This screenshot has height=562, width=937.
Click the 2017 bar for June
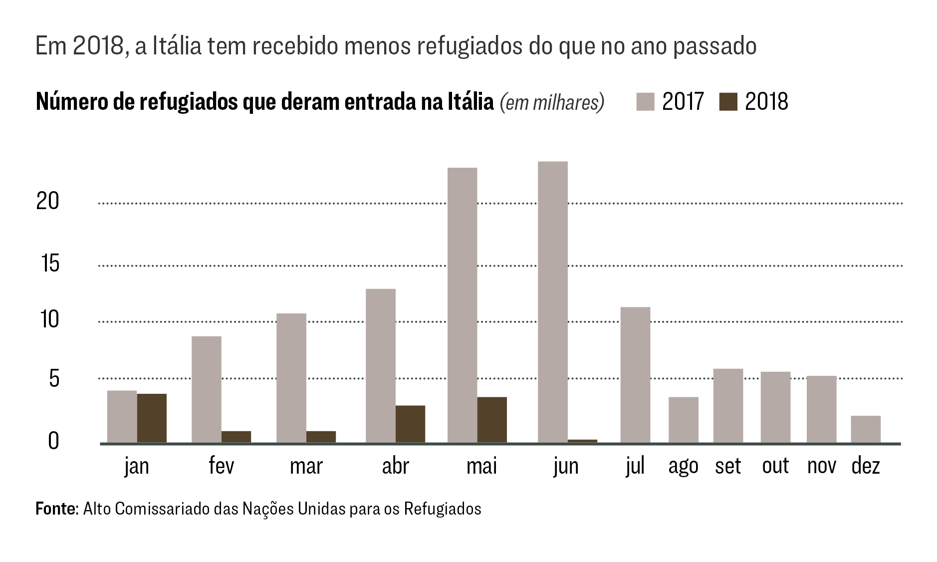(x=553, y=302)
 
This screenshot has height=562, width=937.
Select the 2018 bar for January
(x=152, y=418)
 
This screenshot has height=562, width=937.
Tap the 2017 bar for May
(x=463, y=305)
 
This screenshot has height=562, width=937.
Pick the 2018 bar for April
(x=410, y=424)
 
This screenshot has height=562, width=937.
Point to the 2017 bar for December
(x=866, y=429)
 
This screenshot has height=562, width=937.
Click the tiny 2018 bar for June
(x=582, y=441)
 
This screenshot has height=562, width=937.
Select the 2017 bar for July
(x=635, y=375)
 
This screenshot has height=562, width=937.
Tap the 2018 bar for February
(x=236, y=437)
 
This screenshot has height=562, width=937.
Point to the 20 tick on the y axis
(x=47, y=201)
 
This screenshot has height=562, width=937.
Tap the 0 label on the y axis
(x=53, y=441)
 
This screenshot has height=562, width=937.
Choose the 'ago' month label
(x=683, y=466)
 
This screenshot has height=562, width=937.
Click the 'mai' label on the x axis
(x=481, y=466)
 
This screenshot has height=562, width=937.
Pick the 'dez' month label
(x=866, y=466)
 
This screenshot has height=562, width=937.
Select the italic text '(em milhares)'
(x=552, y=102)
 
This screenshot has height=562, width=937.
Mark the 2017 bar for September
(x=728, y=405)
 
